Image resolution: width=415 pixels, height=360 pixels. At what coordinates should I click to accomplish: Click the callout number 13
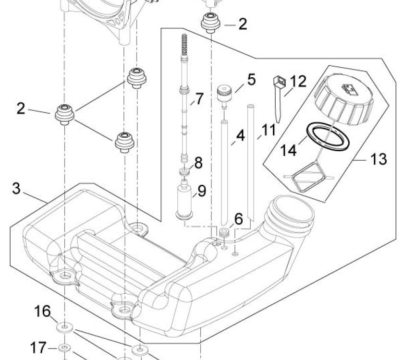[x=378, y=159]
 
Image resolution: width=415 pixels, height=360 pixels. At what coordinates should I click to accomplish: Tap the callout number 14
[x=288, y=150]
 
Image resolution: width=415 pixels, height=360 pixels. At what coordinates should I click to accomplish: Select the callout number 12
[x=298, y=81]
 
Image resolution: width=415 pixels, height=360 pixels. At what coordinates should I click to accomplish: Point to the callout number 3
[x=16, y=189]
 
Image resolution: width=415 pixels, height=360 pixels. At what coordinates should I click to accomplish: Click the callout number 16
[x=42, y=311]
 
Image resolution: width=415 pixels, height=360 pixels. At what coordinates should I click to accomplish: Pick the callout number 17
[x=38, y=348]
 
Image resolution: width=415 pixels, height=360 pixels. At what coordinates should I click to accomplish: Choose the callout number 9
[x=202, y=191]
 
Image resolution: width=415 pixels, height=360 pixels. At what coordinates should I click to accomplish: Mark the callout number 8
[x=198, y=163]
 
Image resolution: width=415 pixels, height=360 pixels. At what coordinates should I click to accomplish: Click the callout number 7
[x=199, y=98]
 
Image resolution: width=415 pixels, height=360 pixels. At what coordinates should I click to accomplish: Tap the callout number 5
[x=252, y=80]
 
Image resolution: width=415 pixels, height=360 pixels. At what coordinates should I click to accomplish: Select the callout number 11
[x=269, y=130]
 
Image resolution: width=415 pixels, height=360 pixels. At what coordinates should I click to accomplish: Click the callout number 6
[x=238, y=219]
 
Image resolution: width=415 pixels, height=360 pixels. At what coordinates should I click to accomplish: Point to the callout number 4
[x=240, y=135]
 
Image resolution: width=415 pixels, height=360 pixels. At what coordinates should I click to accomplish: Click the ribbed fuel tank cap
[x=344, y=99]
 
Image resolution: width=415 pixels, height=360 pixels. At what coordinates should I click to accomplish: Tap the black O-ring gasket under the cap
[x=328, y=136]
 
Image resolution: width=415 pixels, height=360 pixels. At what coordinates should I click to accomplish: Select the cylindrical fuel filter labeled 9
[x=184, y=202]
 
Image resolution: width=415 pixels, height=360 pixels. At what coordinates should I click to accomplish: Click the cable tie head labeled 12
[x=279, y=81]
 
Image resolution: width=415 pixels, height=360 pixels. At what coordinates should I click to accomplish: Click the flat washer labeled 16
[x=65, y=327]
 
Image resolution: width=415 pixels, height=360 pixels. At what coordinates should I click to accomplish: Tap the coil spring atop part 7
[x=184, y=45]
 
